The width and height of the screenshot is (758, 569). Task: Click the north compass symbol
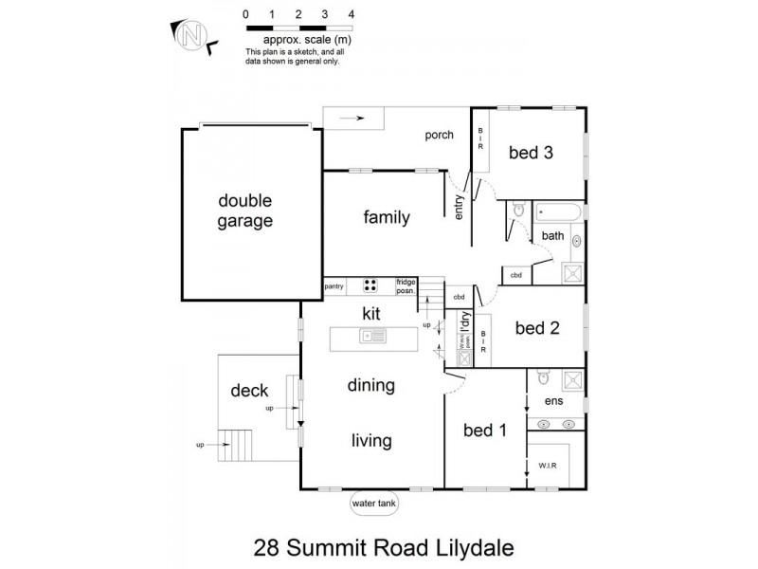coord(193,36)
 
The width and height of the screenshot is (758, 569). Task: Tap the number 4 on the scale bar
coord(352,15)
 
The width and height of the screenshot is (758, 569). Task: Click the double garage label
coord(244,211)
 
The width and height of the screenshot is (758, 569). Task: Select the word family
coord(387,218)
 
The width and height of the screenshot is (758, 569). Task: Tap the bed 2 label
coord(536,328)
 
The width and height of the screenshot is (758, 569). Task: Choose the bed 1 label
coord(483,431)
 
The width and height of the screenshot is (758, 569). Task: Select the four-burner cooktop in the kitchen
coord(371,284)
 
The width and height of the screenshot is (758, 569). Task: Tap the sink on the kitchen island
coord(371,336)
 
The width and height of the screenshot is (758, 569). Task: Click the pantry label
coord(334,284)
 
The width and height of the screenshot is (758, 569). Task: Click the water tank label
coord(374,504)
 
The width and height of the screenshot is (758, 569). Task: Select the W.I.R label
coord(548,466)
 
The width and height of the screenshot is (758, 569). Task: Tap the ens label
coord(554,401)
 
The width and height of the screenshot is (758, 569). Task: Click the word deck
coord(250,390)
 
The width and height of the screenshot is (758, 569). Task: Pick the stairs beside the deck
coord(238,443)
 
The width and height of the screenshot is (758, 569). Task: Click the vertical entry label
coord(460,207)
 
